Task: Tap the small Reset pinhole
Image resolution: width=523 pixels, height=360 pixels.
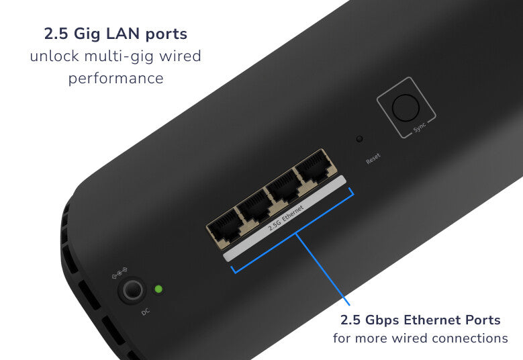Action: click(x=359, y=139)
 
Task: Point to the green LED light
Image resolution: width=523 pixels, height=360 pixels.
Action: click(x=158, y=289)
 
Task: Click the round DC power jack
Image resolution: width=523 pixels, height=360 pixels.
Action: click(x=131, y=290)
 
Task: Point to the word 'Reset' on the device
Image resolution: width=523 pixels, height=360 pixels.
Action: click(x=373, y=159)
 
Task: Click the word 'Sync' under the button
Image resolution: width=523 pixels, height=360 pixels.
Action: click(x=420, y=128)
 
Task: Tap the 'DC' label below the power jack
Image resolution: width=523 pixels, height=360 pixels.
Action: click(x=146, y=311)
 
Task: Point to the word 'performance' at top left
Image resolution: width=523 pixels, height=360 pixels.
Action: click(x=115, y=78)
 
